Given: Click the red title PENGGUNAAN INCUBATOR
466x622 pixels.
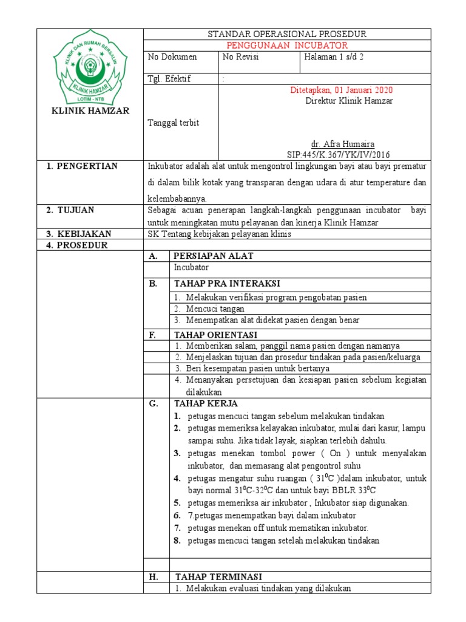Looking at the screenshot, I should tap(286, 46).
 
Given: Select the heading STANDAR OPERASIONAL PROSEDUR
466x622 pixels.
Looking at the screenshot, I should tap(286, 34).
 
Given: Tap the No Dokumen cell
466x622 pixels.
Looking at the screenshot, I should tap(173, 57).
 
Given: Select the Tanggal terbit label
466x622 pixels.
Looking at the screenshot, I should tap(174, 123).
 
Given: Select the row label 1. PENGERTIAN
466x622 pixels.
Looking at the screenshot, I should tap(83, 166).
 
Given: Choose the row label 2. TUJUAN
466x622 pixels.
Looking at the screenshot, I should tap(71, 210).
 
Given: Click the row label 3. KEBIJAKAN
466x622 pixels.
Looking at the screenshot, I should tap(79, 234).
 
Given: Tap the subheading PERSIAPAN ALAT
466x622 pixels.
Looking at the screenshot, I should tap(214, 256).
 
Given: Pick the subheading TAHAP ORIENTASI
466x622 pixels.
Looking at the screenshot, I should tap(215, 335).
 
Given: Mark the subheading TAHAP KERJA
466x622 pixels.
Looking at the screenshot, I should tap(206, 403).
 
